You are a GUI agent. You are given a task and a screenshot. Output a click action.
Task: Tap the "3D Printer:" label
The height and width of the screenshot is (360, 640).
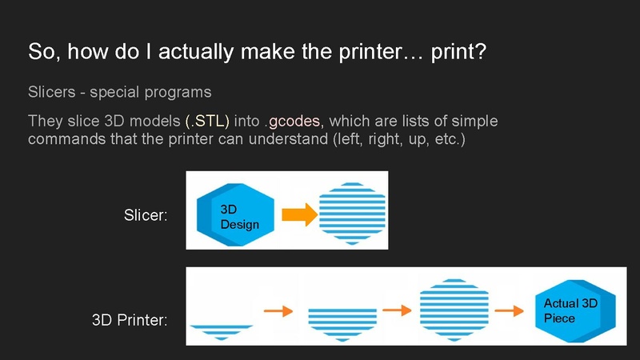pyautogui.click(x=130, y=322)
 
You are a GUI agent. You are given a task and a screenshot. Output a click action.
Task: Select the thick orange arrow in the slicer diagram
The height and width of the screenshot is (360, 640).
pyautogui.click(x=296, y=214)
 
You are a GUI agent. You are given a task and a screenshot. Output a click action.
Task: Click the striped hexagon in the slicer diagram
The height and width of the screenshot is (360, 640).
pyautogui.click(x=352, y=210)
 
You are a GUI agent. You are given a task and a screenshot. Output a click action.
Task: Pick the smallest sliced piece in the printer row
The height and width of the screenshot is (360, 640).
pyautogui.click(x=222, y=330)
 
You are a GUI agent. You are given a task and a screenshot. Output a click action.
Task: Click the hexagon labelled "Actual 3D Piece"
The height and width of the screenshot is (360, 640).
pyautogui.click(x=574, y=310)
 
